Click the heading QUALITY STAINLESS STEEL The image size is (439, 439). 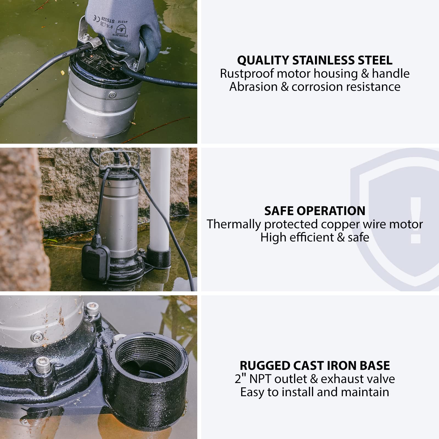pyautogui.click(x=315, y=60)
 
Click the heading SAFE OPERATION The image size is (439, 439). pyautogui.click(x=315, y=211)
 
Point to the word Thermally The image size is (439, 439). pyautogui.click(x=233, y=224)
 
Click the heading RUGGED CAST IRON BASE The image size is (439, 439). pyautogui.click(x=315, y=365)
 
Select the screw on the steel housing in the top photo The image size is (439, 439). pyautogui.click(x=112, y=95)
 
